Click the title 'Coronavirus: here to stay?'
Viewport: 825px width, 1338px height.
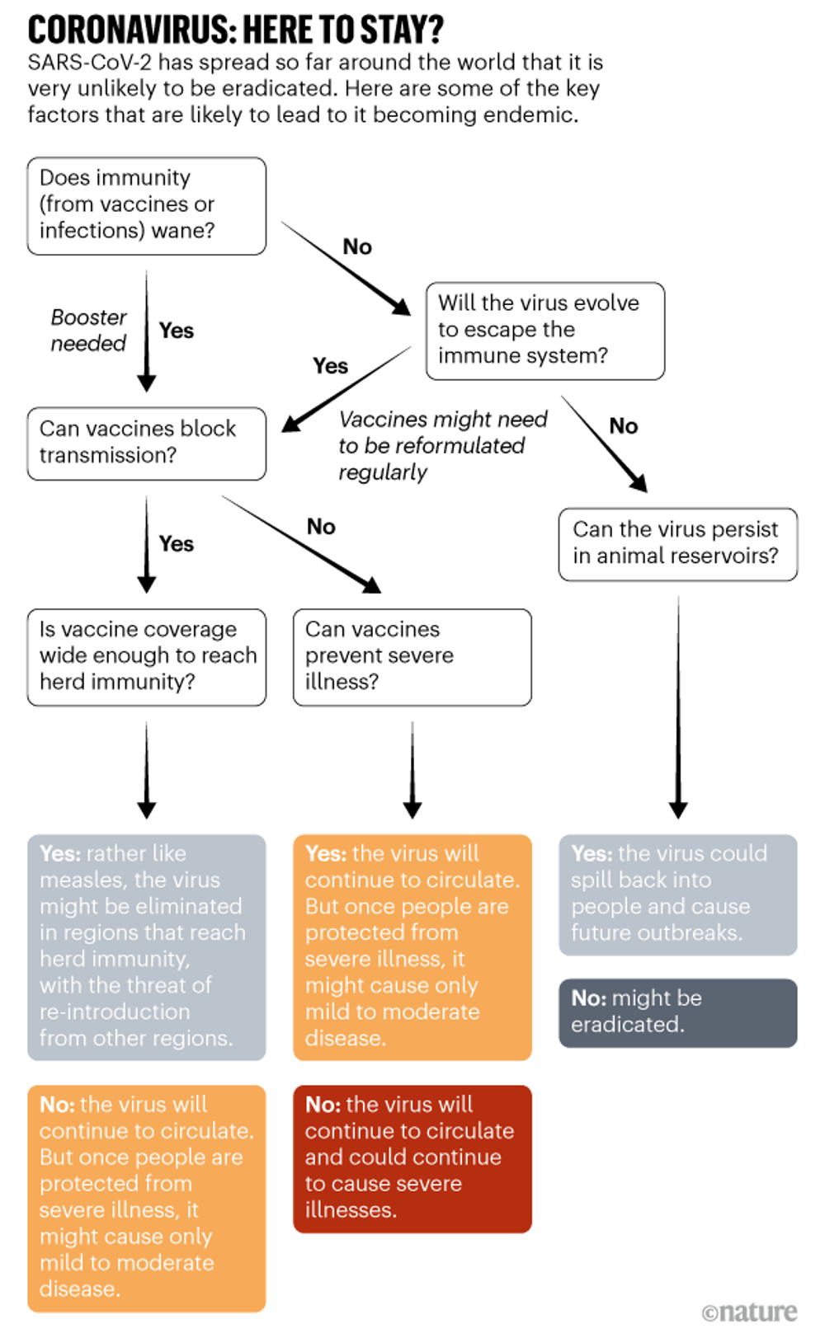235,30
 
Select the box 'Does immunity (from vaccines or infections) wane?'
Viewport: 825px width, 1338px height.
146,205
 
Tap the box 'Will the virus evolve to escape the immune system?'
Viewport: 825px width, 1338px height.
544,331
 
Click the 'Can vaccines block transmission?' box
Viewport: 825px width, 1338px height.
146,443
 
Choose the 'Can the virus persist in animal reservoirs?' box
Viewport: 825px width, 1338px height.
677,543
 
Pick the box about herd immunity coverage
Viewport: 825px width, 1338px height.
146,656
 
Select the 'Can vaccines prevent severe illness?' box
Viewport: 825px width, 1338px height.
412,656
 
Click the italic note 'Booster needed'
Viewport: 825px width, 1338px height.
88,331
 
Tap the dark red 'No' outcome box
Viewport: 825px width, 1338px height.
412,1157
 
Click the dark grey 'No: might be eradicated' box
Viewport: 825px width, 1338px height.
677,1012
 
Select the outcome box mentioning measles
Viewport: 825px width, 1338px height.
146,946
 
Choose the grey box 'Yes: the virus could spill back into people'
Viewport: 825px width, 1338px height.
677,894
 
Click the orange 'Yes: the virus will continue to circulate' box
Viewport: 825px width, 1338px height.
412,946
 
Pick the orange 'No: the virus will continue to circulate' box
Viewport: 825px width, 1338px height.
146,1197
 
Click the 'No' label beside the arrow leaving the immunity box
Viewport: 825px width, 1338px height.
357,246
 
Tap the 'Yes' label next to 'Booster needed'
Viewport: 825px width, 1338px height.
176,331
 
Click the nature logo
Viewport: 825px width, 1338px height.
749,1311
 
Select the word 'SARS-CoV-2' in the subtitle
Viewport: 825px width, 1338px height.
89,63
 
